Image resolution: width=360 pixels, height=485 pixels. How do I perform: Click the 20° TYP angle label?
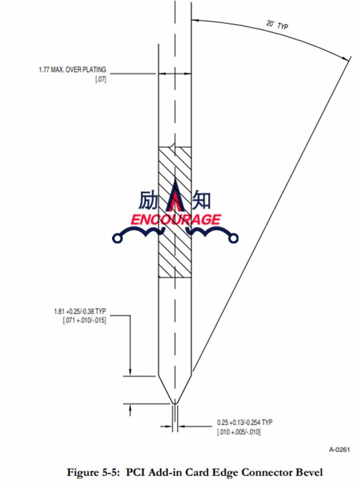coord(277,25)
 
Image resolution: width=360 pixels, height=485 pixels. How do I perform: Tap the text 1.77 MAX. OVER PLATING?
coord(72,70)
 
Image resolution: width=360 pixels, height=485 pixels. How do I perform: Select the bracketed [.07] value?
coord(101,79)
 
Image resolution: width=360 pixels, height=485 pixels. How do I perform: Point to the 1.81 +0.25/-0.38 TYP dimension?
coord(80,311)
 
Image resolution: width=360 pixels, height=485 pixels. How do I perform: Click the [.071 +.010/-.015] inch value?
coord(84,320)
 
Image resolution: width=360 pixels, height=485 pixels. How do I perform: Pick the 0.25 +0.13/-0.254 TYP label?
coord(245,422)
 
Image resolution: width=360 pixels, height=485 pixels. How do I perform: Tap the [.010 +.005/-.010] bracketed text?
coord(239,432)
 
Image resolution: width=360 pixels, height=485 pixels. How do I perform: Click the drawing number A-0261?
coord(339,450)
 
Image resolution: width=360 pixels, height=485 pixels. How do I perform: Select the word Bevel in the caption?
coord(309,472)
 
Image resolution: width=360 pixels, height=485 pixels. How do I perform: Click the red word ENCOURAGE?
coord(176,219)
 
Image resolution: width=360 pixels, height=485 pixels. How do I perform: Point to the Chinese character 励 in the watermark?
coord(148,200)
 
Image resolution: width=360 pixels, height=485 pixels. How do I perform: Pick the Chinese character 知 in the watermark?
coord(202,200)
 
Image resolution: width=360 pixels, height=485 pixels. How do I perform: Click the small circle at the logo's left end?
coord(117,238)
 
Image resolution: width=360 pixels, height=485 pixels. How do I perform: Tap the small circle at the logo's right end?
coord(233,238)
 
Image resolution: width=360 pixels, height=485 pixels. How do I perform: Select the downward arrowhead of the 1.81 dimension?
coord(130,371)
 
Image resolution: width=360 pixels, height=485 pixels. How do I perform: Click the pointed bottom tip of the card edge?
coord(175,403)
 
